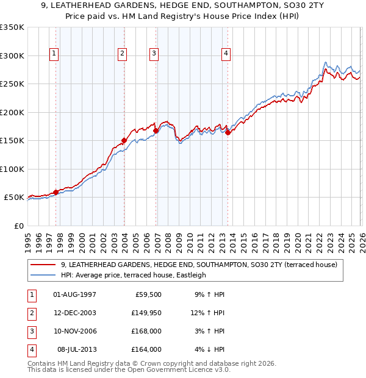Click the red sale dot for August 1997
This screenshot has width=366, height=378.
[56, 192]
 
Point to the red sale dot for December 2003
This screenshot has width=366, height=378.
[124, 140]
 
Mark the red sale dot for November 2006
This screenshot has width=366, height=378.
[156, 130]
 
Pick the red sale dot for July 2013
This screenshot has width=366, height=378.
[228, 132]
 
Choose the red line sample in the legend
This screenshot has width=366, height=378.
[44, 264]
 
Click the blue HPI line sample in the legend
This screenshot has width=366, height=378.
[44, 275]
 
